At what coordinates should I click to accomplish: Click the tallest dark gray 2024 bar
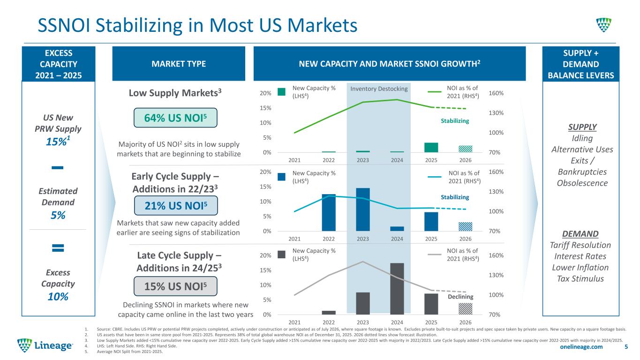click(x=397, y=289)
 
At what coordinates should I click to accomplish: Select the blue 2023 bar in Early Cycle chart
click(x=362, y=210)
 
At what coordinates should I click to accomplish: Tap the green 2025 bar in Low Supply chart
click(x=431, y=148)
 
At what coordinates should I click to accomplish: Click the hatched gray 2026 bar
click(x=466, y=308)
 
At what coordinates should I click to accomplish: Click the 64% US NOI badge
click(x=175, y=118)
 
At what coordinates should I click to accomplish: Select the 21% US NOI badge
click(x=176, y=205)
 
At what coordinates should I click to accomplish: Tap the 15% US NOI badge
click(x=175, y=286)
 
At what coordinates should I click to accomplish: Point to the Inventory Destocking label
click(x=379, y=89)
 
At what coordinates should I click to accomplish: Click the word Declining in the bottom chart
click(x=460, y=297)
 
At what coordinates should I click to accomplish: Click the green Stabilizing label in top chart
click(x=455, y=121)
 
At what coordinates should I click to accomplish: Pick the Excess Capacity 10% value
click(x=58, y=297)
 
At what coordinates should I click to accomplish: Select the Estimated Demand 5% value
click(x=58, y=215)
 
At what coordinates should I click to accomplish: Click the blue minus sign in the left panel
click(x=57, y=168)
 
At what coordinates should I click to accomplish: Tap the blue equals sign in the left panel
click(x=58, y=247)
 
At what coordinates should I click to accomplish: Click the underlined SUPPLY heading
click(x=582, y=127)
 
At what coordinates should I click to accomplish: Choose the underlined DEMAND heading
click(x=580, y=234)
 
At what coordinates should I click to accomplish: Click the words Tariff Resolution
click(x=580, y=245)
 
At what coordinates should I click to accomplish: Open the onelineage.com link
click(x=581, y=346)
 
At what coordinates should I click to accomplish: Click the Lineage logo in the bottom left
click(x=45, y=345)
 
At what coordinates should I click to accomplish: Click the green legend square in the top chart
click(x=281, y=92)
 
